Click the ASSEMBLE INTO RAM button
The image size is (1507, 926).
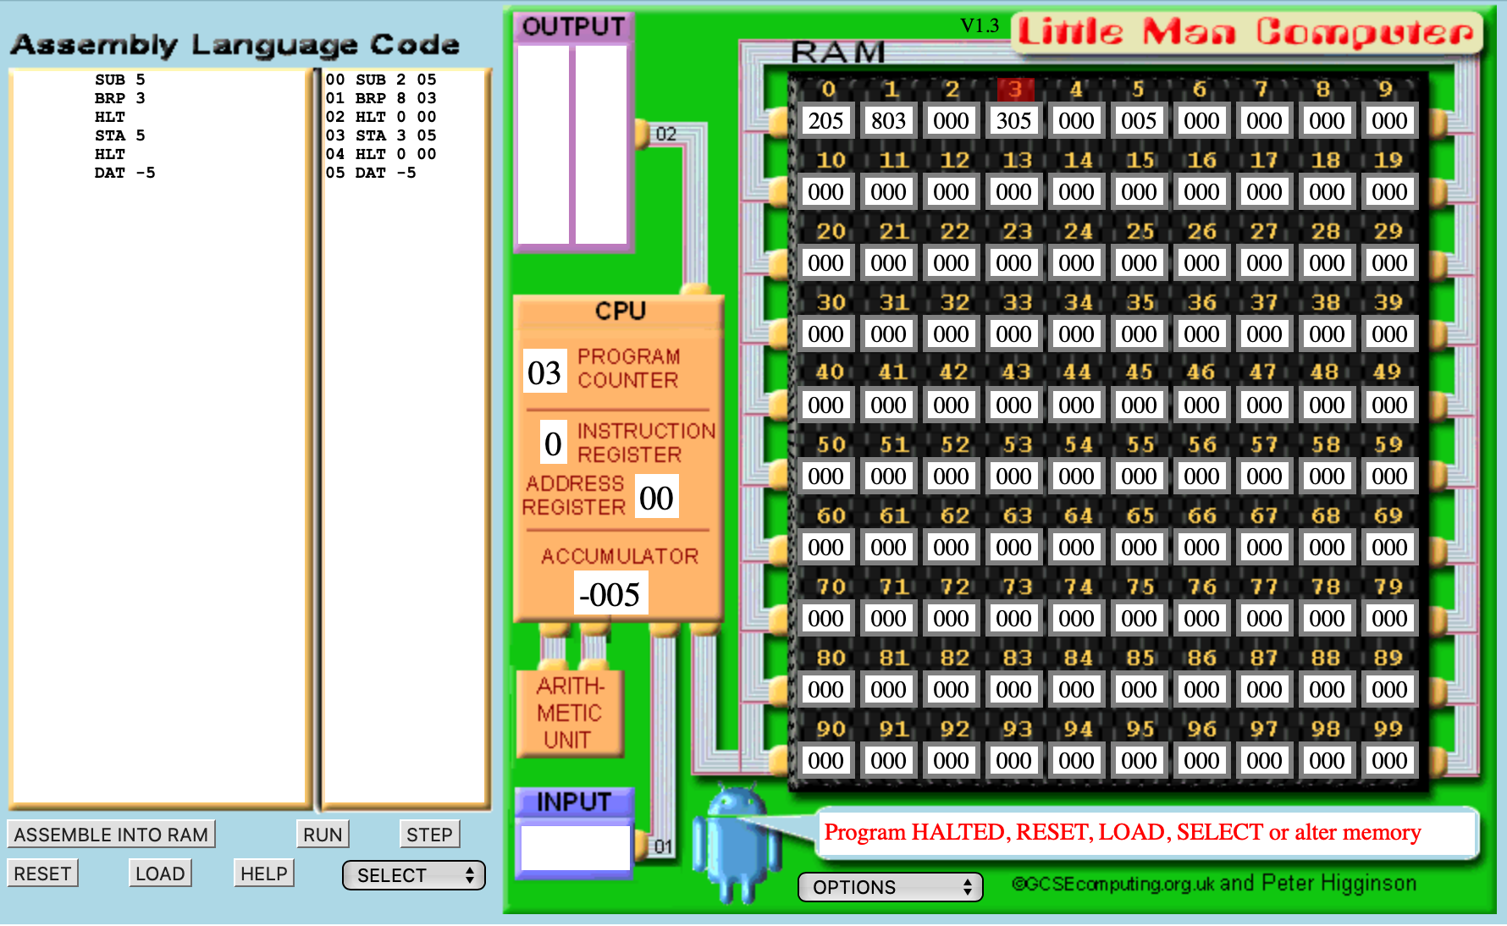pyautogui.click(x=111, y=834)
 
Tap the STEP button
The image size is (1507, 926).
pyautogui.click(x=429, y=834)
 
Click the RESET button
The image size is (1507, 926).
pyautogui.click(x=42, y=873)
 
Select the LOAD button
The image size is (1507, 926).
pyautogui.click(x=160, y=873)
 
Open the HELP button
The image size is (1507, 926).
pyautogui.click(x=263, y=873)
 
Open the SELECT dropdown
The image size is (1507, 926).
pyautogui.click(x=414, y=875)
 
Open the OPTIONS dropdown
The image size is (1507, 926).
pyautogui.click(x=891, y=887)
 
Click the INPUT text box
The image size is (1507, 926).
pyautogui.click(x=576, y=847)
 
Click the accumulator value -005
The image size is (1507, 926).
pyautogui.click(x=610, y=594)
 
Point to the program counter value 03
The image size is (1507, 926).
pyautogui.click(x=544, y=372)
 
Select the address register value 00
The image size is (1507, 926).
pyautogui.click(x=656, y=498)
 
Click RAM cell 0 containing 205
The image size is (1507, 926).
pyautogui.click(x=825, y=121)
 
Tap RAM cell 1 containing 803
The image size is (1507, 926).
pyautogui.click(x=888, y=121)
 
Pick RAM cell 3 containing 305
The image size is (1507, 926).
pyautogui.click(x=1013, y=121)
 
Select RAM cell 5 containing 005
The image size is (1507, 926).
pyautogui.click(x=1139, y=121)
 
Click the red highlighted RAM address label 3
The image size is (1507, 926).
pyautogui.click(x=1015, y=89)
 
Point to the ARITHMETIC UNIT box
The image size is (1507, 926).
pyautogui.click(x=569, y=713)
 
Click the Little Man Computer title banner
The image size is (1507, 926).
pyautogui.click(x=1245, y=32)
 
